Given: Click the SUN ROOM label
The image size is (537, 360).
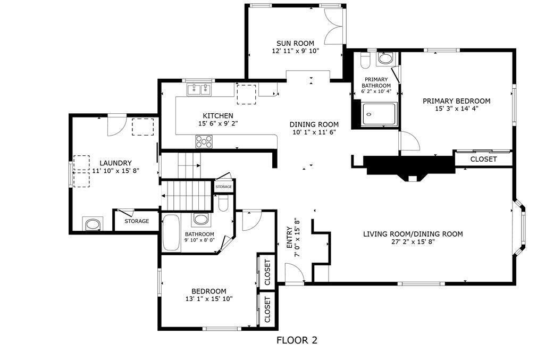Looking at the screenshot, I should coord(295,43).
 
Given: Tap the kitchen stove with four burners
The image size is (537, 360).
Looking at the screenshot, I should coord(204,141).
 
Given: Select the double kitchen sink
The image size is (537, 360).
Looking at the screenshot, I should coord(199,90).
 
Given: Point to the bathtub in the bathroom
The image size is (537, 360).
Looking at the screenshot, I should coord(171,232).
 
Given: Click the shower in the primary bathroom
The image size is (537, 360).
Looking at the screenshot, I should coord(379,115).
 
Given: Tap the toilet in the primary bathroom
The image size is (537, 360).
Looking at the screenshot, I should coord(364,61).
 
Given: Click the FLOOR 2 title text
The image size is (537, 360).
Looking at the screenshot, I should coord(297,340).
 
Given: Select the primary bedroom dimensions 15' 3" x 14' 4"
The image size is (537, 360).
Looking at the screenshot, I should coord(456,108).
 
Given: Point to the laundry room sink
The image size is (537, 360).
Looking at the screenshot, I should coord(92,224).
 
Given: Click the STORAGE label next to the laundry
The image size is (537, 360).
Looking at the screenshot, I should coord(137,221).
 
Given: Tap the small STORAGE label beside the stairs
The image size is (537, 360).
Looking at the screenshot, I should coord(223,187).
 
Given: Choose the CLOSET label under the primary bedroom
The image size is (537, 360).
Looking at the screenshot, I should coord(483,159).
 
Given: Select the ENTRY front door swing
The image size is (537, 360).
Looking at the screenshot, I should coord(294,272).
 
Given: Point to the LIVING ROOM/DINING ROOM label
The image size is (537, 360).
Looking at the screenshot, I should coord(413,234).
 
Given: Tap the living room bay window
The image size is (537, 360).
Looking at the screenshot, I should coord(522,229).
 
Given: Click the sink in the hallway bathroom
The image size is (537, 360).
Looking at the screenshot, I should coord(201,219).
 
